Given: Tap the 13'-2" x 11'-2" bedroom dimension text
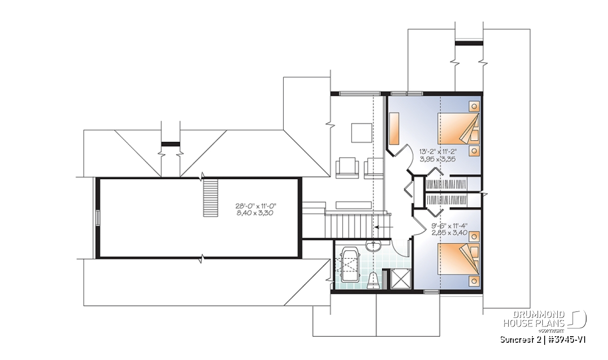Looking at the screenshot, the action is point(438,151).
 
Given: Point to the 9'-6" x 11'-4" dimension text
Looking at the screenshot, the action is point(449,226).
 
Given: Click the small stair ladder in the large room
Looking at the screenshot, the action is point(211,197).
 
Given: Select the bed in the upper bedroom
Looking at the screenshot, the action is point(458,129).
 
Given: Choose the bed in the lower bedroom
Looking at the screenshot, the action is point(458,259).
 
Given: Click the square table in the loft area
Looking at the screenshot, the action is point(362,133).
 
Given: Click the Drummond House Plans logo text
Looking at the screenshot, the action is point(534,319).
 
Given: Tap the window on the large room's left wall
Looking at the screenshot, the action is point(97,218).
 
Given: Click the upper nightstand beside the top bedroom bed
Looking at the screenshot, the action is point(474,106).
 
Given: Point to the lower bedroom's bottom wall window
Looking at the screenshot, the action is point(431,292).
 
